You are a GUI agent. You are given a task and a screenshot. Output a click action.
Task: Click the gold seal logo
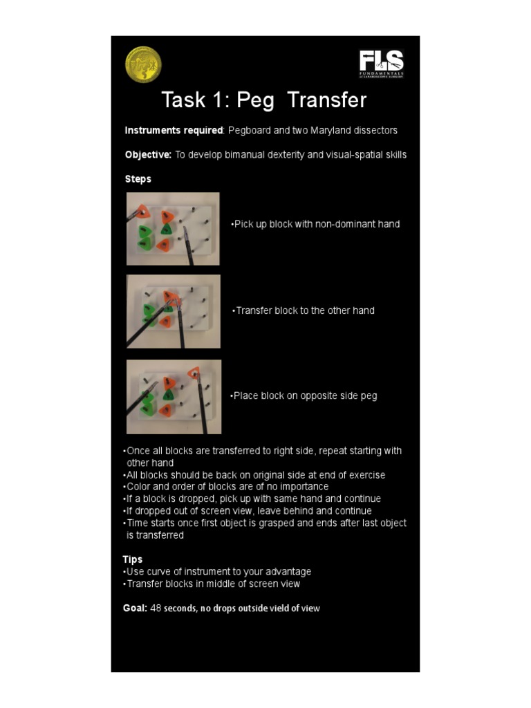point(143,64)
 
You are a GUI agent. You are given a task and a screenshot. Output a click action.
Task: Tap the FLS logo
point(382,64)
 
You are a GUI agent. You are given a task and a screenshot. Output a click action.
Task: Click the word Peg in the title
point(255,101)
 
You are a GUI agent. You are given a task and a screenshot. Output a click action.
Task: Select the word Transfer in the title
point(326,101)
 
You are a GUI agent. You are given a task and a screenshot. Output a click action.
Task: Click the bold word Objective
point(148,155)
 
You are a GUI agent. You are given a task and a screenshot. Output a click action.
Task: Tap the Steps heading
point(138,179)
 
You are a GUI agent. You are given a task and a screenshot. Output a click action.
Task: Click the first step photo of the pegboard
point(173,229)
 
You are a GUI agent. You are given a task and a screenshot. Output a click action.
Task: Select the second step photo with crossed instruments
point(173,311)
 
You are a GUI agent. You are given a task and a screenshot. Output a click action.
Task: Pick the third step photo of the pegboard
point(174,396)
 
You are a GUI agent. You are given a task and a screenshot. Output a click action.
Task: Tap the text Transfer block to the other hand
point(304,310)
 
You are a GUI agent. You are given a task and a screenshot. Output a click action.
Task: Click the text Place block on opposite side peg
point(304,396)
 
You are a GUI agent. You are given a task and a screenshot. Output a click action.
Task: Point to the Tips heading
point(133,559)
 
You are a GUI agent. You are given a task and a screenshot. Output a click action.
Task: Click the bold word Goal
point(135,608)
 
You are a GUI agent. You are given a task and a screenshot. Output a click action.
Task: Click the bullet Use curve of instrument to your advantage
point(217,572)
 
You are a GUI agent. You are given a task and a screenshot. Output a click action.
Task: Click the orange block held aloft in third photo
point(194,373)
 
